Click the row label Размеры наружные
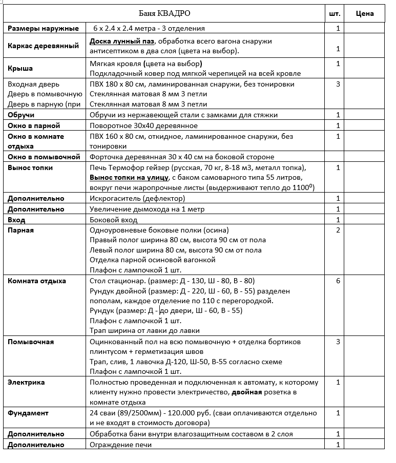[x=43, y=28]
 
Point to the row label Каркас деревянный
[x=43, y=46]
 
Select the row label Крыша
[x=20, y=68]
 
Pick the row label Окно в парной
[x=34, y=125]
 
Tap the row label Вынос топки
[x=30, y=167]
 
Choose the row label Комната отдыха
[x=36, y=281]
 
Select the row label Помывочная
[x=30, y=342]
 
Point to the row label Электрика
[x=26, y=382]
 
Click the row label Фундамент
[x=28, y=413]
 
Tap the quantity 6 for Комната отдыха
[x=338, y=281]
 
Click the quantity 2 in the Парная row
[x=338, y=230]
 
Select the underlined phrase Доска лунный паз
[x=122, y=41]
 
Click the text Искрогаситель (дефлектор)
[x=134, y=198]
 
